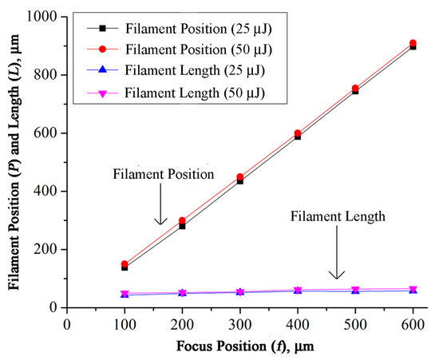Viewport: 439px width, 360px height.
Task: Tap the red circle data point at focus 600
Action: click(413, 43)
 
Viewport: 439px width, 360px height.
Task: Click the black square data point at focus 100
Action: click(125, 267)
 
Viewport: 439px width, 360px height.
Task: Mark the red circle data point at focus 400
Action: click(298, 133)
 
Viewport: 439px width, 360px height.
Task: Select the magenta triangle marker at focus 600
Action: click(413, 289)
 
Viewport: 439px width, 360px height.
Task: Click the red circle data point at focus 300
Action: click(239, 177)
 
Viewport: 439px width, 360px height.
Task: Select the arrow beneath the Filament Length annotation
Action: click(338, 255)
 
